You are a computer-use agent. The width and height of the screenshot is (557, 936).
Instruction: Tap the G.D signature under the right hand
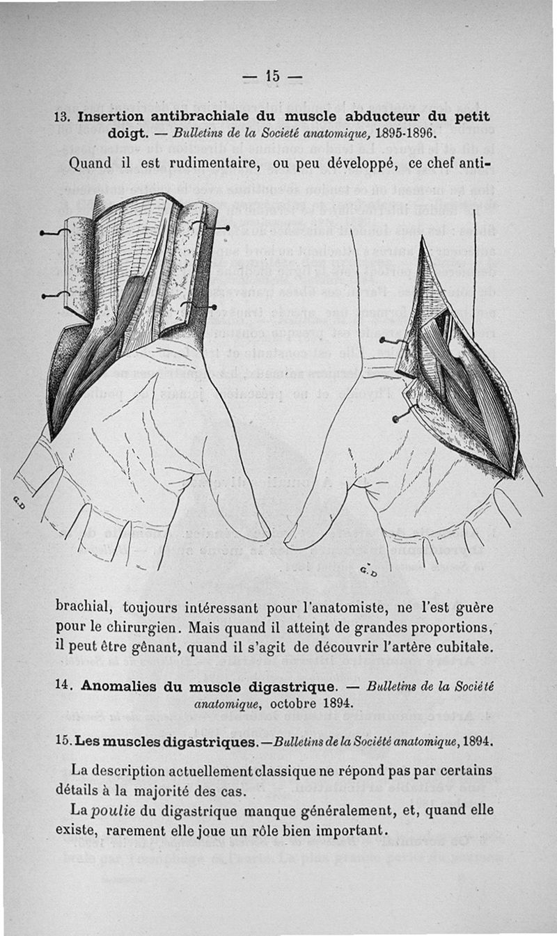pyautogui.click(x=370, y=571)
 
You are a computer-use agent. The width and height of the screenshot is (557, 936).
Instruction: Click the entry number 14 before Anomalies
pyautogui.click(x=63, y=685)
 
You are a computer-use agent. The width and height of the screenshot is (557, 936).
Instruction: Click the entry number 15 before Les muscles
pyautogui.click(x=63, y=742)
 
